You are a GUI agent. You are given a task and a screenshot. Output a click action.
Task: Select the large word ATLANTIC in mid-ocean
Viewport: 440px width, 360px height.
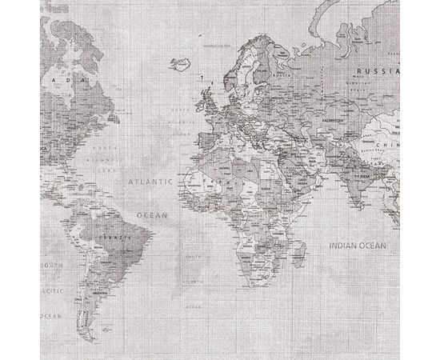point(151,182)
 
